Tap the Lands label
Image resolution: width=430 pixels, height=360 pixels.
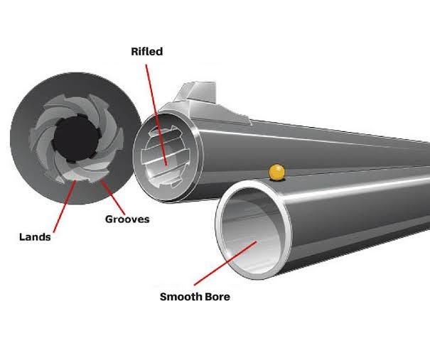(x=34, y=237)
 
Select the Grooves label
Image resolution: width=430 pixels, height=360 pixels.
(x=127, y=219)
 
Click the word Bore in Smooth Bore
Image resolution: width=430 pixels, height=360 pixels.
(x=217, y=297)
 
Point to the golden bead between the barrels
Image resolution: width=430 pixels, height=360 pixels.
(x=276, y=172)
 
